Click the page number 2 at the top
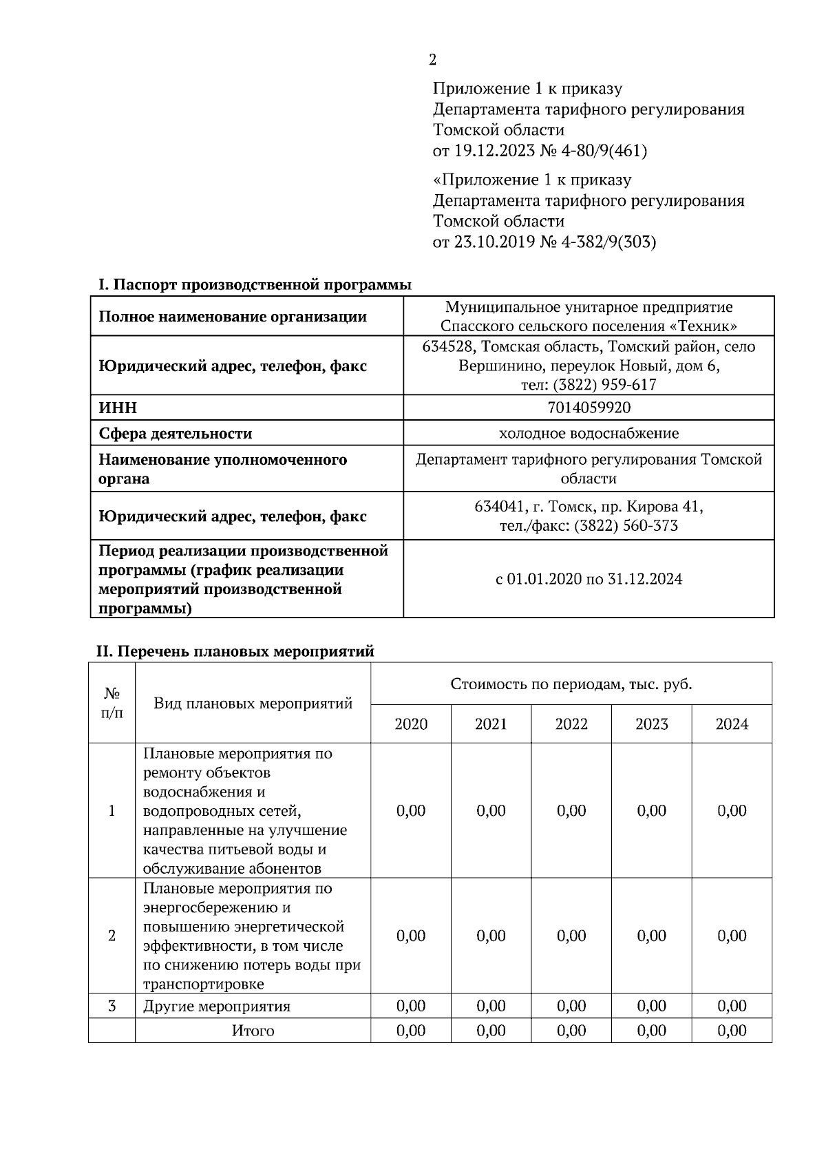click(x=432, y=61)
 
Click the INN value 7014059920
click(x=589, y=408)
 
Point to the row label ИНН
click(x=118, y=408)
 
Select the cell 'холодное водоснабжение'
click(x=589, y=434)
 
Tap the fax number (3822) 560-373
click(x=626, y=526)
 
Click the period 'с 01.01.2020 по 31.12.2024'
click(x=589, y=579)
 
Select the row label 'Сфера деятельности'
click(x=176, y=434)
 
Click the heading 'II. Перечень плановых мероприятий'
click(x=235, y=651)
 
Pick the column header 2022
click(x=571, y=724)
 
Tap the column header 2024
click(x=732, y=724)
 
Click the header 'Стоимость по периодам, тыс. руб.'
click(x=571, y=684)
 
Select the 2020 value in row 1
click(x=411, y=811)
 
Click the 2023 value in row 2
click(x=651, y=936)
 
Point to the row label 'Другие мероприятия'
click(x=217, y=1007)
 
